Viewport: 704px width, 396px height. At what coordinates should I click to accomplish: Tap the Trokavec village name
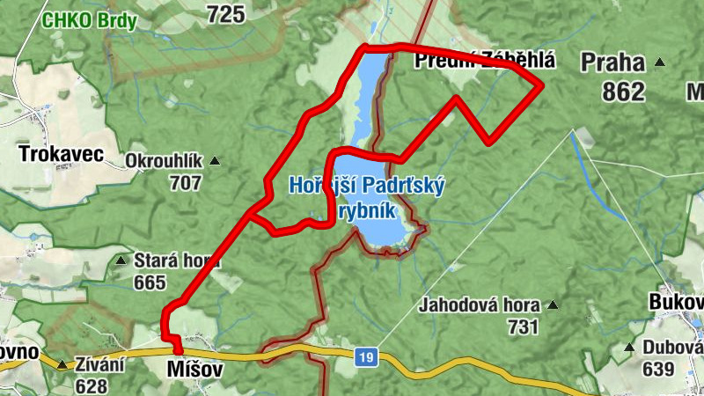point(61,156)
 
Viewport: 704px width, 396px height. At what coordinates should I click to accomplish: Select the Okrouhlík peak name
point(165,162)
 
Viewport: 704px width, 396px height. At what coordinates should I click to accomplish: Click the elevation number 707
point(186,183)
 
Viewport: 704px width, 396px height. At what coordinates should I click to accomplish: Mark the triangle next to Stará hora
point(121,260)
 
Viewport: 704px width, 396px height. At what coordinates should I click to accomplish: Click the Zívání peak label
point(99,364)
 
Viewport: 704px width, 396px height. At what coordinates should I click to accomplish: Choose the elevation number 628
point(91,385)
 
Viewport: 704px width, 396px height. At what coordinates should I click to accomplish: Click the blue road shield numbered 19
point(367,357)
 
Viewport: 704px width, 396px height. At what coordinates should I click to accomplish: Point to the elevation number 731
point(523,327)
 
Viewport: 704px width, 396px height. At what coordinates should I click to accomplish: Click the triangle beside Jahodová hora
point(553,306)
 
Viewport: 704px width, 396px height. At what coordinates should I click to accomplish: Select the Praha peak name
point(612,62)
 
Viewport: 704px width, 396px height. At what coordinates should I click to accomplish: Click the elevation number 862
point(624,91)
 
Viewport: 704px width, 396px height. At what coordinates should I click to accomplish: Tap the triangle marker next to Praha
point(659,62)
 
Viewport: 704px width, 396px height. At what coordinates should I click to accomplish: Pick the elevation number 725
point(225,12)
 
